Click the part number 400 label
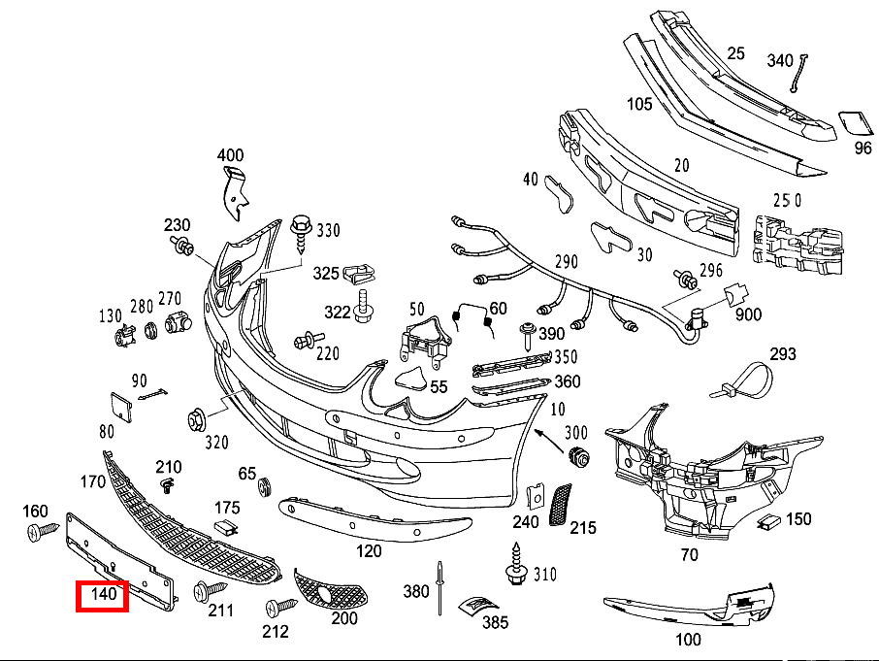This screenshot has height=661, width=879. click(x=230, y=155)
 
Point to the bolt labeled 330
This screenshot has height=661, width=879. click(x=301, y=233)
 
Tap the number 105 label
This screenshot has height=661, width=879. click(x=638, y=104)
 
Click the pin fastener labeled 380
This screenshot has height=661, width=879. click(x=439, y=587)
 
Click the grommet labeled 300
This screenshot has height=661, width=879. click(x=581, y=457)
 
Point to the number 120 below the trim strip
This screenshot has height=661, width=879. click(x=369, y=551)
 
